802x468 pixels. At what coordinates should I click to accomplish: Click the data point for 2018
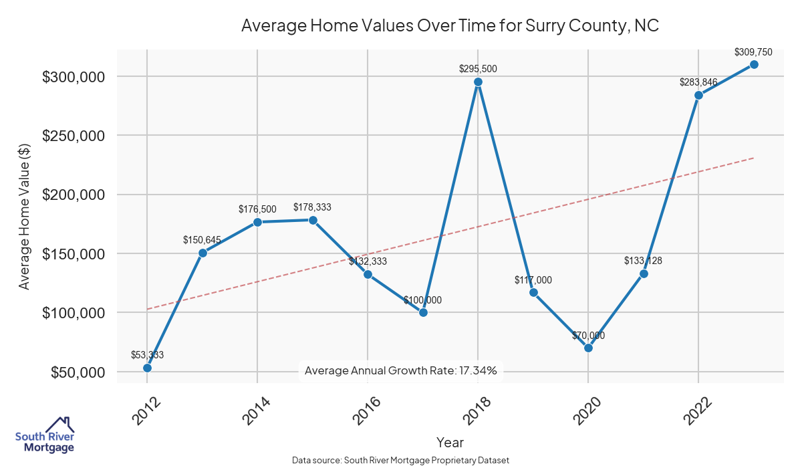point(478,82)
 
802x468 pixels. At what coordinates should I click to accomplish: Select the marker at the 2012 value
point(147,368)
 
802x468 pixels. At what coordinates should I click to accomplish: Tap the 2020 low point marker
point(588,348)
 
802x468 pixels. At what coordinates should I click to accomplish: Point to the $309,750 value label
point(753,51)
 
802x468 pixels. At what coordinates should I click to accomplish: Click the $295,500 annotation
point(478,69)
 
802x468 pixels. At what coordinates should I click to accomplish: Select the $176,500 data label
point(257,209)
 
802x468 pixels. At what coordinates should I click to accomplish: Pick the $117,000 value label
point(533,280)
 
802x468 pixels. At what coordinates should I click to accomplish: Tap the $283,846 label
point(698,82)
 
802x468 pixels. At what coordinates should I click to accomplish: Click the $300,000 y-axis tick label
point(74,77)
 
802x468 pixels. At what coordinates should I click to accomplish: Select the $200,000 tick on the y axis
point(74,195)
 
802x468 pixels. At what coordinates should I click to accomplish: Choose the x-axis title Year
point(450,442)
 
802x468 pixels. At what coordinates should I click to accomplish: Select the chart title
point(450,26)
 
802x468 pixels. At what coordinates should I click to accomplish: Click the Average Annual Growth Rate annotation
point(400,370)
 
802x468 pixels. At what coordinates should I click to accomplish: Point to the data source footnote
point(400,460)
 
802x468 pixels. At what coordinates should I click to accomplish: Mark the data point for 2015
point(313,220)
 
